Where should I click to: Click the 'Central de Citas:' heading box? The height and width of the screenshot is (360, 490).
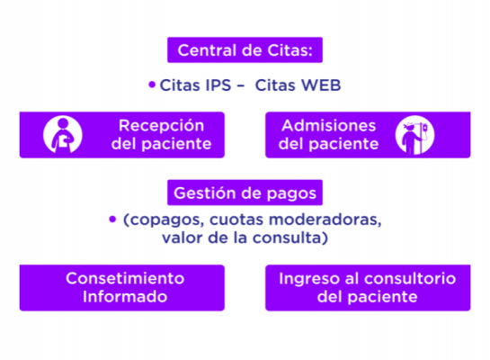tap(245, 50)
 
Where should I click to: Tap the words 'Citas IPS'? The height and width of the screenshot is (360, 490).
tap(195, 85)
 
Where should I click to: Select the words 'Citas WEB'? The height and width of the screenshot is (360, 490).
tap(298, 85)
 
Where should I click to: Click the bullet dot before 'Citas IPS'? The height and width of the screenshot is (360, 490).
tap(152, 85)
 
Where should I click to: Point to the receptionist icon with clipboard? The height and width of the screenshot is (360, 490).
tap(63, 135)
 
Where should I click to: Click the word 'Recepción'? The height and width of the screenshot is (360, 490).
tap(161, 126)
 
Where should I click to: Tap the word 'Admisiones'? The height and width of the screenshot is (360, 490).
tap(329, 126)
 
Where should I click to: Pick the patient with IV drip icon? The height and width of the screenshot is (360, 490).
tap(414, 135)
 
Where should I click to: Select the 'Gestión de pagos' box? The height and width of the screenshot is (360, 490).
tap(245, 193)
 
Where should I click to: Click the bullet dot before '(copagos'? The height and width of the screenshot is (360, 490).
tap(112, 220)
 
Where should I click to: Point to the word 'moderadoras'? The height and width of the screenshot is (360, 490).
tap(325, 220)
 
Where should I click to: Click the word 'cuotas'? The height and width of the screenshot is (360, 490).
tap(236, 220)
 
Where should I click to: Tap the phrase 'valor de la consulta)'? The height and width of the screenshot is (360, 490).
tap(245, 238)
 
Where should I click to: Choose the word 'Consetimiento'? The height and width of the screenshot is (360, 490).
tap(125, 278)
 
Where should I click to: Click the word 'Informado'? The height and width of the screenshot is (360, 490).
tap(125, 296)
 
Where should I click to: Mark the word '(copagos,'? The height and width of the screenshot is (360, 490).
tap(164, 220)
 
